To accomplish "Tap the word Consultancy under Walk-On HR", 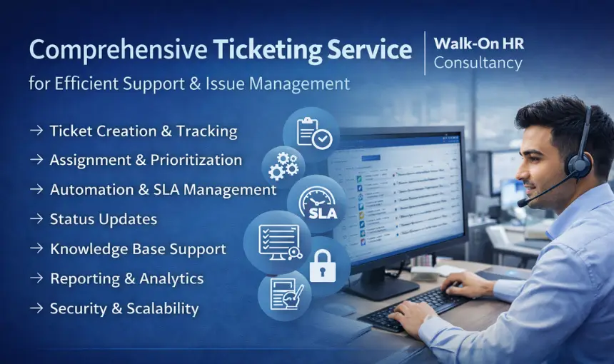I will pyautogui.click(x=478, y=63).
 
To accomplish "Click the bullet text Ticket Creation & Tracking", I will pyautogui.click(x=144, y=131).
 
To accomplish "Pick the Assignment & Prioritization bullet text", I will pyautogui.click(x=146, y=160).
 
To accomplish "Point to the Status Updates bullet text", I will pyautogui.click(x=104, y=219).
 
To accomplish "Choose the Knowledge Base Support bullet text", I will pyautogui.click(x=138, y=249).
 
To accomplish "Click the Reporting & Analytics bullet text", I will pyautogui.click(x=126, y=279).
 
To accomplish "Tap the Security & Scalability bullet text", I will pyautogui.click(x=124, y=309).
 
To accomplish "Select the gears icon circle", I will pyautogui.click(x=283, y=166).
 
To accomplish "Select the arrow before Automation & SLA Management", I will pyautogui.click(x=36, y=190).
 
